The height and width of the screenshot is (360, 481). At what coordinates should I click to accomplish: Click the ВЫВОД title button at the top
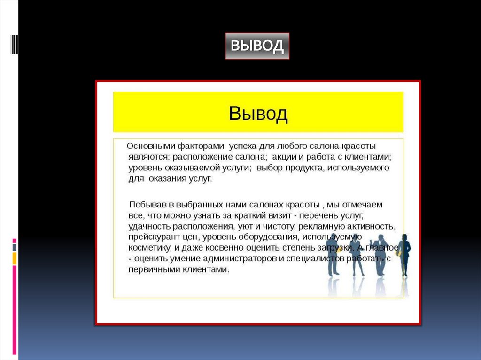pyautogui.click(x=257, y=46)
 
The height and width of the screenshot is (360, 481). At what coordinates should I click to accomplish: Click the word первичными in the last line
pyautogui.click(x=150, y=270)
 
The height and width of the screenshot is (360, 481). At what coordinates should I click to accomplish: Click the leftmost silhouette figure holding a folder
pyautogui.click(x=333, y=253)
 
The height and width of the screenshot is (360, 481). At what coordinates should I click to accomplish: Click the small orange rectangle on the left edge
pyautogui.click(x=15, y=258)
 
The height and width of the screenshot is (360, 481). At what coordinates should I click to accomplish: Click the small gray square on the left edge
pyautogui.click(x=15, y=247)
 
